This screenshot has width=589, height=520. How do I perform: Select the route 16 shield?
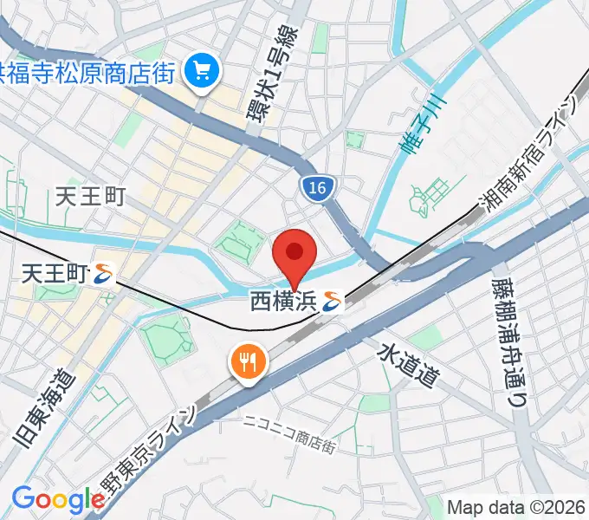pyautogui.click(x=318, y=188)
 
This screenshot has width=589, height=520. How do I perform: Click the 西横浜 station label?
pyautogui.click(x=283, y=302)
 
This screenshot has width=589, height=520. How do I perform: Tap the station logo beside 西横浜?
pyautogui.click(x=332, y=302)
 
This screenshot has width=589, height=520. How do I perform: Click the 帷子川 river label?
pyautogui.click(x=421, y=125)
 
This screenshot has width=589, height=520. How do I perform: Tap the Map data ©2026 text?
pyautogui.click(x=516, y=507)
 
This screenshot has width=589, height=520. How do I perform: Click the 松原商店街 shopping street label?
pyautogui.click(x=91, y=70)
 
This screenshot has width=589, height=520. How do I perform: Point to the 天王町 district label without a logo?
pyautogui.click(x=90, y=198)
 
